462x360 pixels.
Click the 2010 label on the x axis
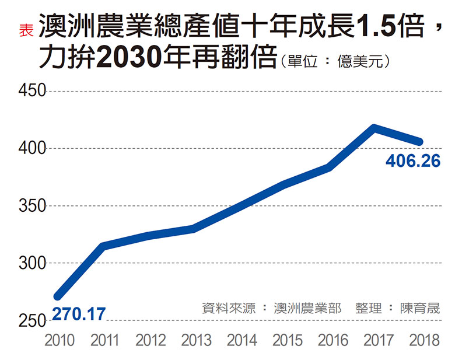pos(60,341)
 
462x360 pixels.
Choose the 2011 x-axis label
pos(105,341)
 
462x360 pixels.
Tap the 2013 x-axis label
pos(196,341)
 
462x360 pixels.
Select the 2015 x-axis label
pos(287,341)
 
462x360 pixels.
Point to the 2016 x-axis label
pos(332,341)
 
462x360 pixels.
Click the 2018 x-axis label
pos(423,341)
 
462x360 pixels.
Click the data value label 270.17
pos(79,314)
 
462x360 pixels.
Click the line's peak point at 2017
pos(374,128)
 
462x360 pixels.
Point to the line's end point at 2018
pos(419,142)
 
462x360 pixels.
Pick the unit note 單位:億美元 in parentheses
pos(335,61)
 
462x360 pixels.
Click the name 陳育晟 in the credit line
pos(420,308)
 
